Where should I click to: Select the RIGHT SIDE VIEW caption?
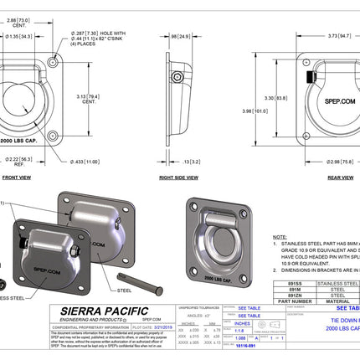(178, 177)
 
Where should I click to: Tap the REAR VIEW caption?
(316, 177)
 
